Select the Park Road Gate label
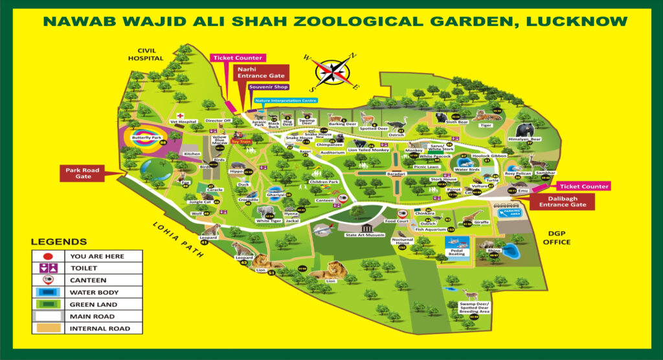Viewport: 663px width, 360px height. tap(82, 174)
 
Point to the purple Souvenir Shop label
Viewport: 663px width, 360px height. tap(265, 87)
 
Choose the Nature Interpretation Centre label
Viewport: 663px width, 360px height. tap(286, 100)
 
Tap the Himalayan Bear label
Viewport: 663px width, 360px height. tap(524, 139)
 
